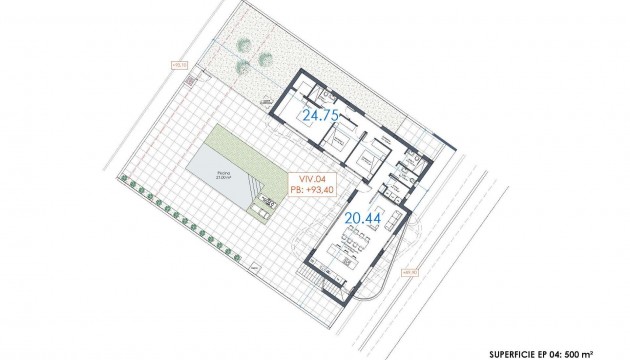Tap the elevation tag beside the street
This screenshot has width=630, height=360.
[408, 271]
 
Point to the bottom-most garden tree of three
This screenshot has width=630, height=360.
[242, 67]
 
